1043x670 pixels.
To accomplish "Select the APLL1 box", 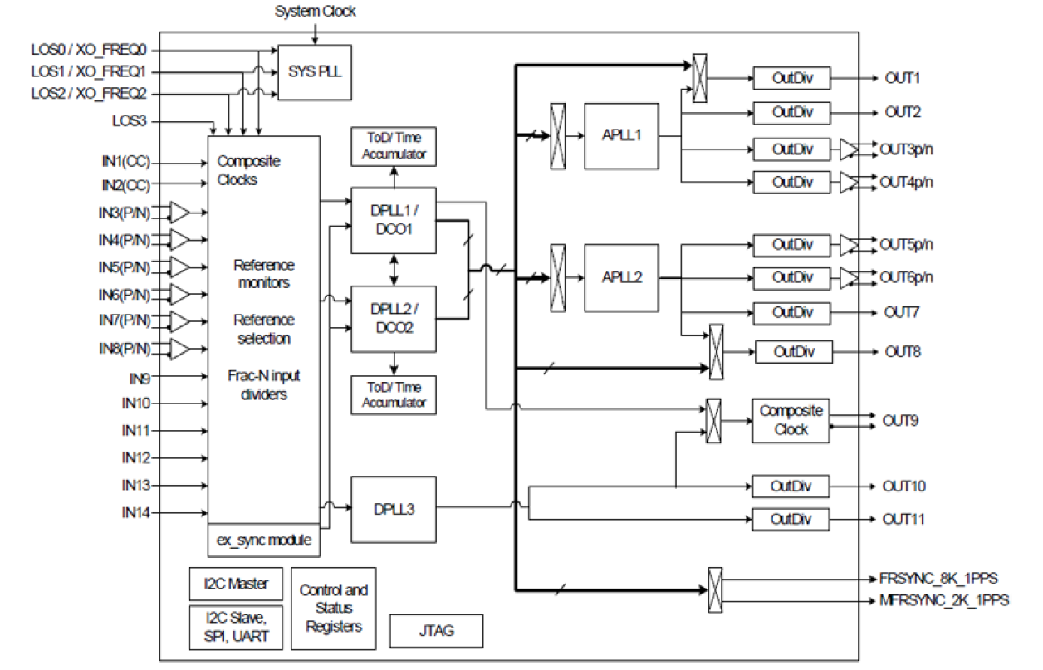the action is pos(621,136).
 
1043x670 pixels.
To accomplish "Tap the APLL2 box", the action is pos(621,277).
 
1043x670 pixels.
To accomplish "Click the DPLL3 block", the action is pos(394,508).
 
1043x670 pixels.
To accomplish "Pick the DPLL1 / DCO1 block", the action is pos(394,220).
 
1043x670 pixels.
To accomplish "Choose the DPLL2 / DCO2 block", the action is pos(394,318).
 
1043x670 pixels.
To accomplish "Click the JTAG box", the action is pos(436,631).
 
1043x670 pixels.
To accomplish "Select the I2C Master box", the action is pos(236,584).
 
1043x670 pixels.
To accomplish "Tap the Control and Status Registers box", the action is pos(333,608).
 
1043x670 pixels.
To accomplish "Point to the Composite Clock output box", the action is pos(791,420).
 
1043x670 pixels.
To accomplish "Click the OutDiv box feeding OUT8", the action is pos(793,352).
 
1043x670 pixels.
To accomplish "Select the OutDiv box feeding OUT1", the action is pos(791,78).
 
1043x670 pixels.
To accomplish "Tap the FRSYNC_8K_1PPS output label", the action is pos(938,578).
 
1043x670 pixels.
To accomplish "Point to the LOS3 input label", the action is pos(131,121).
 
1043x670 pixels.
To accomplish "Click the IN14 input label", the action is pos(135,513).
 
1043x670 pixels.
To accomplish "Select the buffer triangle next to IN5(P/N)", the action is pos(179,267).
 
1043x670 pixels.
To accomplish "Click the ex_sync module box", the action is pos(263,540).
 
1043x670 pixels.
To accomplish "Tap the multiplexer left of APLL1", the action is pos(558,136).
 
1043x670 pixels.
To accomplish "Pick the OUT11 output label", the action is pos(904,520).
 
